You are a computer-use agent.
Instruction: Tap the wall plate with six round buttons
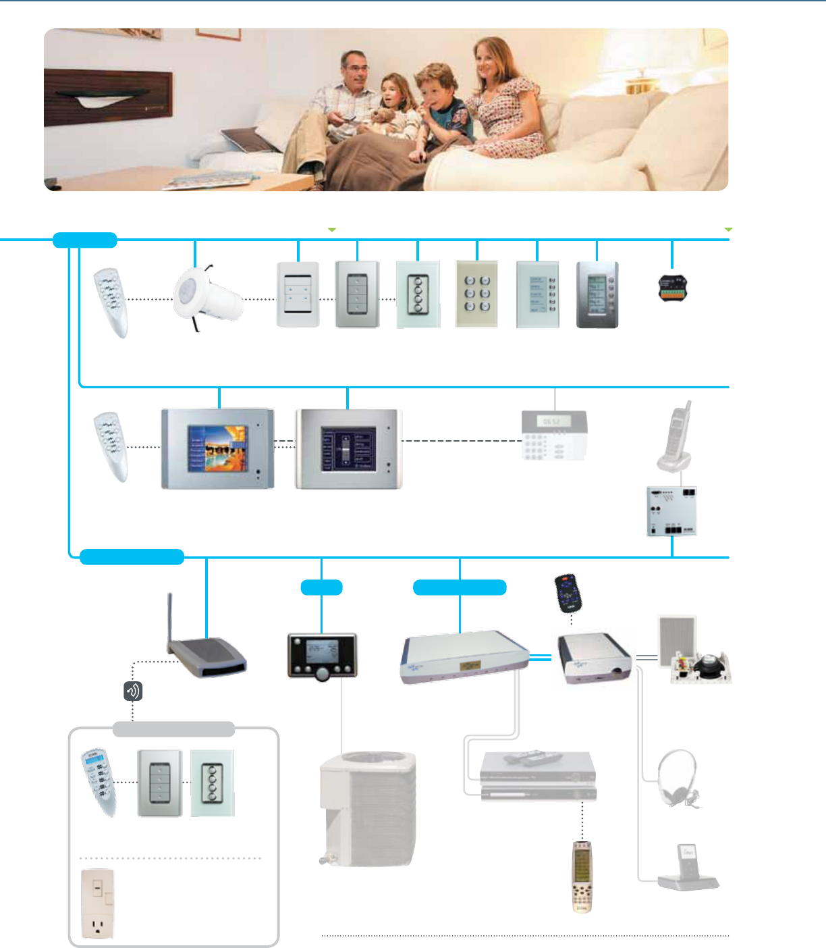tap(477, 294)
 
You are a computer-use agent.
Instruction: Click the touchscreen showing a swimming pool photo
tap(217, 448)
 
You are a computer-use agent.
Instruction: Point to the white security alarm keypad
tap(554, 436)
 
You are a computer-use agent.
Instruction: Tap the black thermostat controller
tap(322, 655)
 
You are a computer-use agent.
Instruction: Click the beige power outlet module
tap(97, 903)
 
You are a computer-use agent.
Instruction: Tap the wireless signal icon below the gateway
tap(133, 691)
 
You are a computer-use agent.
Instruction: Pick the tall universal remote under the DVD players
tap(582, 876)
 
